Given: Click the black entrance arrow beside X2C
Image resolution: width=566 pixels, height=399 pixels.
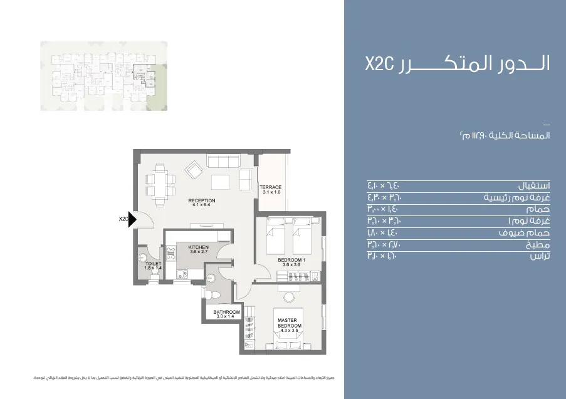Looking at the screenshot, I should (132, 219).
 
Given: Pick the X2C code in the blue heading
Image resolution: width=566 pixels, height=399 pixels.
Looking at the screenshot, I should (378, 64).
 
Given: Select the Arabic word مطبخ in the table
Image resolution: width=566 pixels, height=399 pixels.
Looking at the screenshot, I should (538, 244).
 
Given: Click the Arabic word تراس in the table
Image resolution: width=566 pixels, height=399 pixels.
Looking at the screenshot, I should (540, 256).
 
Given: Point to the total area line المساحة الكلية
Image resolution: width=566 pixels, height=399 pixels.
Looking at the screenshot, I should (504, 136).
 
